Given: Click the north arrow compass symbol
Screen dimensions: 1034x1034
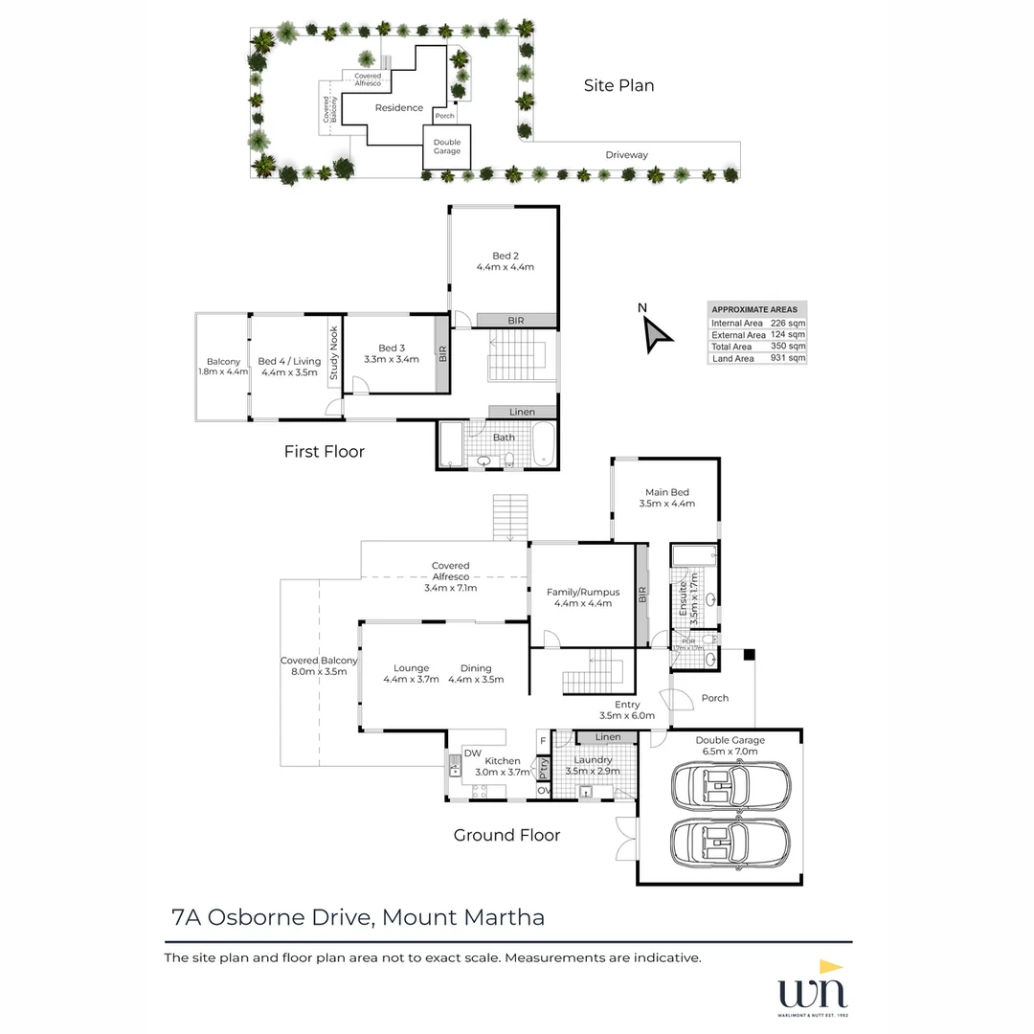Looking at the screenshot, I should click(656, 333).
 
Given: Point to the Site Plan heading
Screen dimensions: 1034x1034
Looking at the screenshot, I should click(618, 85).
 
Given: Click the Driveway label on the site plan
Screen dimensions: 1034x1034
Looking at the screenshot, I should click(626, 155).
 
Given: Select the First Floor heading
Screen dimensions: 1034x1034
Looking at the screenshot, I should click(324, 451).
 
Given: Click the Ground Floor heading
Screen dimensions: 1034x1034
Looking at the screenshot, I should click(506, 835).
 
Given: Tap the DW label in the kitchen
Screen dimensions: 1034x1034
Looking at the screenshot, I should click(473, 753).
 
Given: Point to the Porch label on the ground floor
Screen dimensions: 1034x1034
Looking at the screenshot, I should click(714, 698).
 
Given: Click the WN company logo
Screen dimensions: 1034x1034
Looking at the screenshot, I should click(812, 986).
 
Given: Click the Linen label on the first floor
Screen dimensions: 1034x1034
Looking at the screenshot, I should click(522, 412).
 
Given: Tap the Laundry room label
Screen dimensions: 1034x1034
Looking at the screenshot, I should click(593, 760).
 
